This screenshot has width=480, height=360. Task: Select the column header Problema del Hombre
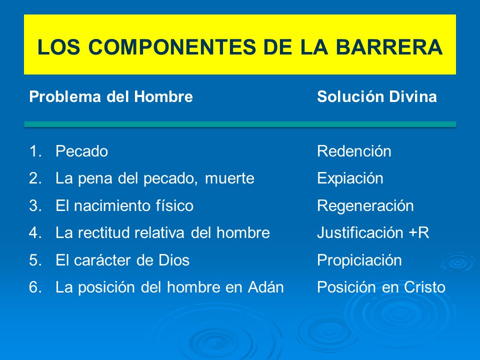(x=111, y=97)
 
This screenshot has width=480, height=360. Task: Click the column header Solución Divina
(x=376, y=97)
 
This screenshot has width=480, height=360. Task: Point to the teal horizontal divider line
(x=240, y=124)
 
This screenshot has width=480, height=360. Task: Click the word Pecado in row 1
(x=81, y=151)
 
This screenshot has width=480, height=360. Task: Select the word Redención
(x=354, y=151)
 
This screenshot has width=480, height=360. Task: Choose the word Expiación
(x=350, y=178)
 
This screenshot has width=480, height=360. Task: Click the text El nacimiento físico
(x=124, y=206)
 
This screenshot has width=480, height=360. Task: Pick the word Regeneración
(x=365, y=206)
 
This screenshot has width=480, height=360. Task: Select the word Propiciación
(x=359, y=260)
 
